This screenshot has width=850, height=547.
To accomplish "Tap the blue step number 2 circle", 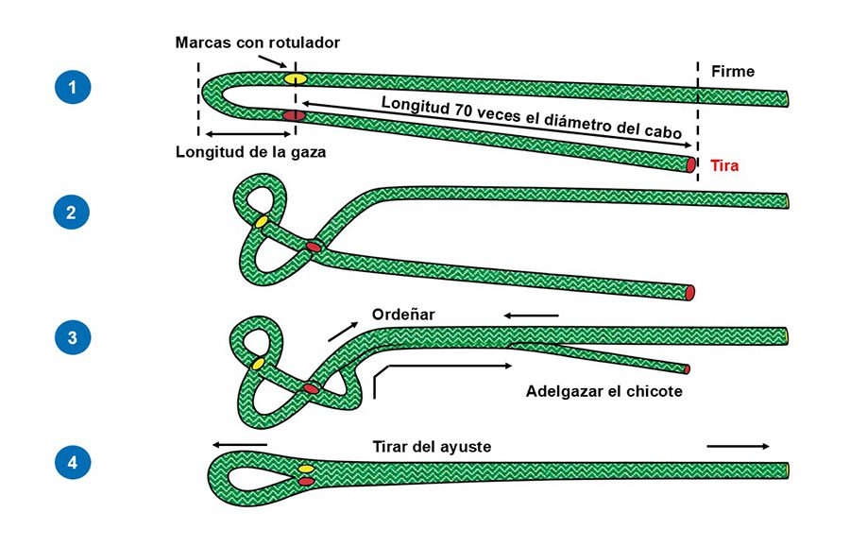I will point(72,212).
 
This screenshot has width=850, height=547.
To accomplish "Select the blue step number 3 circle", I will point(72,337).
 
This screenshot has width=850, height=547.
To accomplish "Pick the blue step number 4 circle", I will point(72,462).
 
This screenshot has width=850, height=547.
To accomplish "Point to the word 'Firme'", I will point(735,71).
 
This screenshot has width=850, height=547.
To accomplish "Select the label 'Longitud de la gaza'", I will point(250,152).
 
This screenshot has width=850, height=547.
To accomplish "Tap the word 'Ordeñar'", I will point(403,315).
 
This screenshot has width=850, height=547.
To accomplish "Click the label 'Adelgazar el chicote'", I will point(603,389).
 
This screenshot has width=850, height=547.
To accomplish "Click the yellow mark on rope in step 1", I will point(296,78).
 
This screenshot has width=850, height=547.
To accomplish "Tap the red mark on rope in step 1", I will point(294,115).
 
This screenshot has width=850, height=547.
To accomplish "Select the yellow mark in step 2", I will point(261,222).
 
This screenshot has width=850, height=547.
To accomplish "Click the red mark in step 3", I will point(311,388).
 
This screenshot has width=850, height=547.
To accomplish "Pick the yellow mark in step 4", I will point(306,470).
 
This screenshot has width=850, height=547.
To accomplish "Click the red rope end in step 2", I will point(690,292).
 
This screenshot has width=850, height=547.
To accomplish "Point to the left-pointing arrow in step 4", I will point(240,444).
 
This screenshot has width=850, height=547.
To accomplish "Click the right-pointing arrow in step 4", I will point(739,445).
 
